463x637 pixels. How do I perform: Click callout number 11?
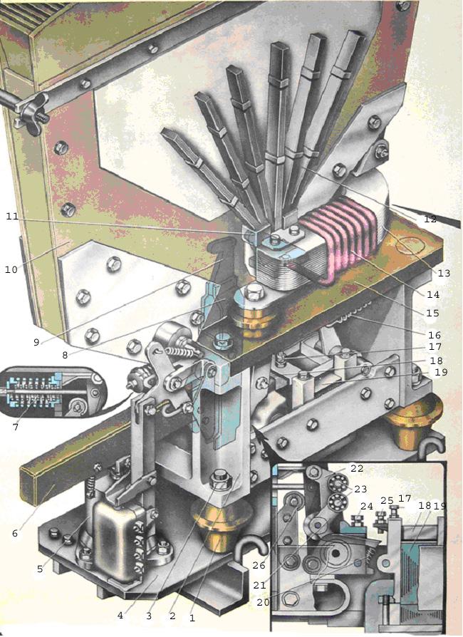click(13, 217)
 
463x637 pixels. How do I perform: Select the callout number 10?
click(11, 269)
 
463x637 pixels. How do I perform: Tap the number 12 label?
click(430, 219)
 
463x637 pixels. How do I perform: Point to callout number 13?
click(444, 273)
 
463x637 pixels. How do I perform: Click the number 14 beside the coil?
click(433, 294)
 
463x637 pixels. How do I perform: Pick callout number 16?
click(435, 335)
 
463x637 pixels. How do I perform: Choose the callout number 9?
click(36, 343)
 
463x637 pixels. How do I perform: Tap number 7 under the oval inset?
click(16, 427)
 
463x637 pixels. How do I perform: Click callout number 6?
click(15, 534)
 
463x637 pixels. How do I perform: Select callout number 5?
click(40, 569)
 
